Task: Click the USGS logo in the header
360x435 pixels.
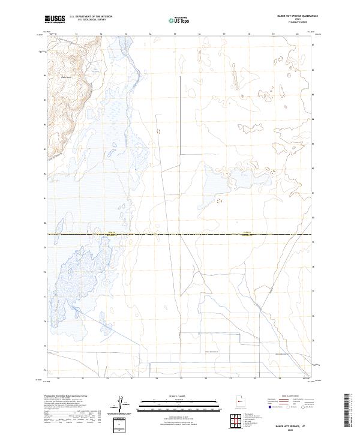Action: [55, 20]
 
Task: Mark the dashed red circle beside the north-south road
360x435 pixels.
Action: [158, 131]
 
